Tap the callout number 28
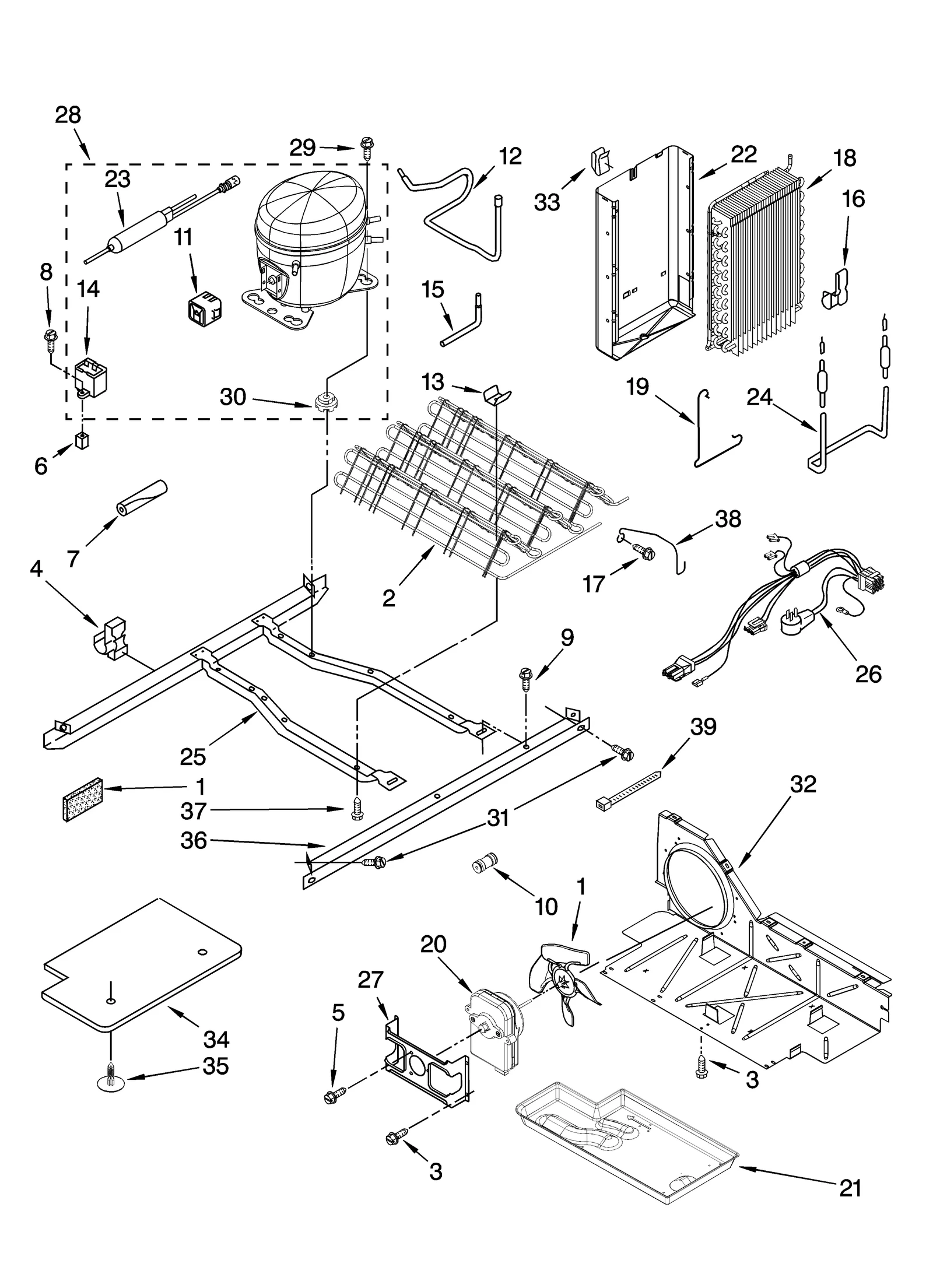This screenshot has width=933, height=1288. pos(68,115)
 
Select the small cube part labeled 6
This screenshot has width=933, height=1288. pos(82,441)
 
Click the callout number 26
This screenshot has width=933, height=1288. pos(868,674)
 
